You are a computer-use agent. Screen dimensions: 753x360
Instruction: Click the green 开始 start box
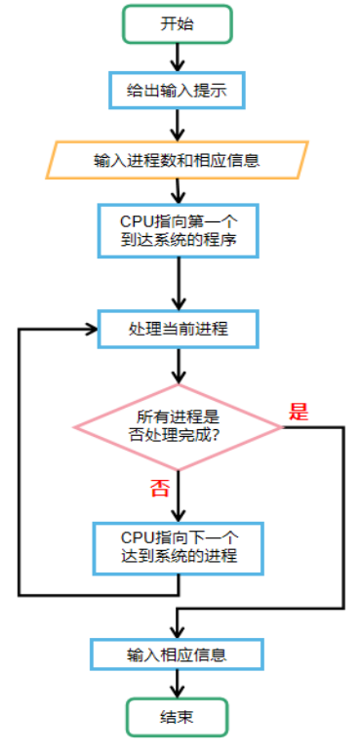coord(178,24)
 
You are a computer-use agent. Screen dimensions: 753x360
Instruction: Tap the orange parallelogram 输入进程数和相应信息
coord(177,160)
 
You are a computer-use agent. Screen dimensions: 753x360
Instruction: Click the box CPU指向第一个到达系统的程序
coord(178,230)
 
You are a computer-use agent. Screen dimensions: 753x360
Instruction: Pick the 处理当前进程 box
coord(178,329)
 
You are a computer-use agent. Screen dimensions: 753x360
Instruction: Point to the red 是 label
coord(299,411)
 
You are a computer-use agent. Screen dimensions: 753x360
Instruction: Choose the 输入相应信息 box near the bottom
coord(178,653)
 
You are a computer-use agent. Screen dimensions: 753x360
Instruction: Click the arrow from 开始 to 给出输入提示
coord(178,58)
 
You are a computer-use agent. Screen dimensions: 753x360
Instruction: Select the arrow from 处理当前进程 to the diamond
coord(178,366)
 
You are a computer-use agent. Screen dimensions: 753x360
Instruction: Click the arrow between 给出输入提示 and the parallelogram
coord(178,124)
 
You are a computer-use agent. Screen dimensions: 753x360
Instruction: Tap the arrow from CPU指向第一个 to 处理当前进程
coord(178,283)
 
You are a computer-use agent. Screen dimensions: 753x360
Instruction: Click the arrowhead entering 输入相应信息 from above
coord(178,629)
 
